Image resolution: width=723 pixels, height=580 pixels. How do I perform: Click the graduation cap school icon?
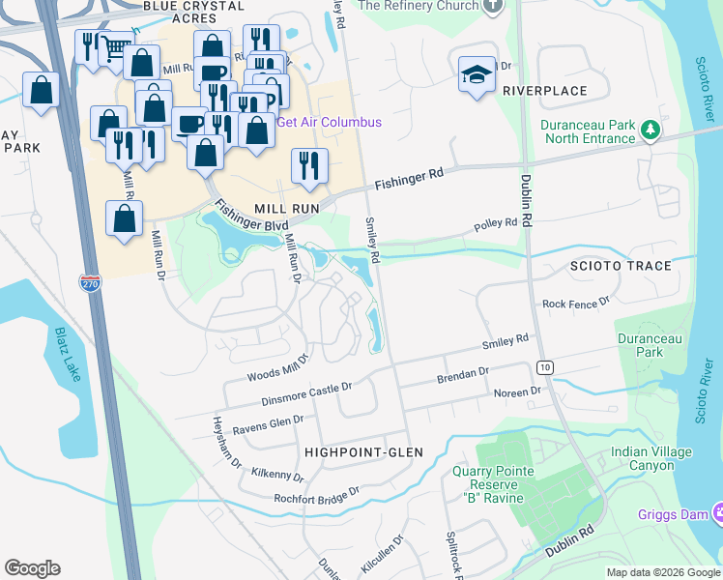pyautogui.click(x=477, y=74)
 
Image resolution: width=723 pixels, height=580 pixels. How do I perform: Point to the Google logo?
pyautogui.click(x=32, y=568)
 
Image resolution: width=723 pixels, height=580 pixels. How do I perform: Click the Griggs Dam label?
pyautogui.click(x=673, y=514)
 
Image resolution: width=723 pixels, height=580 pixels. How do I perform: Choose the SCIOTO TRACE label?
pyautogui.click(x=620, y=266)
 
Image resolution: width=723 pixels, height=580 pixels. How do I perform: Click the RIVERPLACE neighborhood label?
pyautogui.click(x=544, y=91)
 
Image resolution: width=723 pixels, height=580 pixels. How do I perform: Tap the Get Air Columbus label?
pyautogui.click(x=329, y=122)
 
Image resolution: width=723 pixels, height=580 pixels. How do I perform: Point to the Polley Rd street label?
pyautogui.click(x=496, y=225)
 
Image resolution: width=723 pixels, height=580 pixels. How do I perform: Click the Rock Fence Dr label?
pyautogui.click(x=576, y=304)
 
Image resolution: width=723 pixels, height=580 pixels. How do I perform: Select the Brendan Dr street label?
pyautogui.click(x=463, y=371)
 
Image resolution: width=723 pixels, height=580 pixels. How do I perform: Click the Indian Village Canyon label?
pyautogui.click(x=651, y=458)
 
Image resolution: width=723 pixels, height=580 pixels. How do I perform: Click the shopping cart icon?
pyautogui.click(x=116, y=46)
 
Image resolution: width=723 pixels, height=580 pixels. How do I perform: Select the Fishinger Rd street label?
pyautogui.click(x=409, y=177)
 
